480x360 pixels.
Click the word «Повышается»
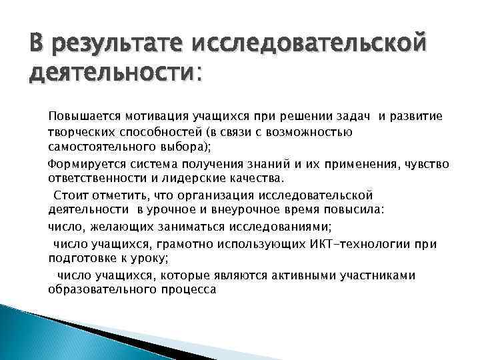(x=79, y=117)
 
